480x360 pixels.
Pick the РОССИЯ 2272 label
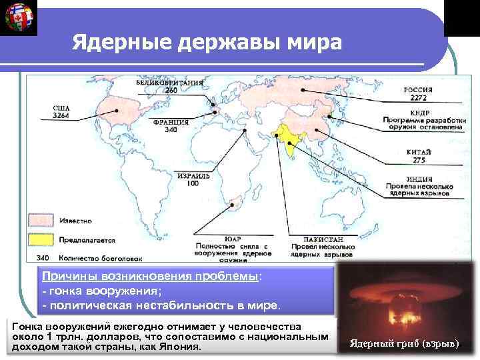pos(418,93)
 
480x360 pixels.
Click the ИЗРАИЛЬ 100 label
pos(194,179)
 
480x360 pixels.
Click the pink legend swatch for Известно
pos(39,219)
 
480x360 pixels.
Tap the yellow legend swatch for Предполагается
pos(39,238)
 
